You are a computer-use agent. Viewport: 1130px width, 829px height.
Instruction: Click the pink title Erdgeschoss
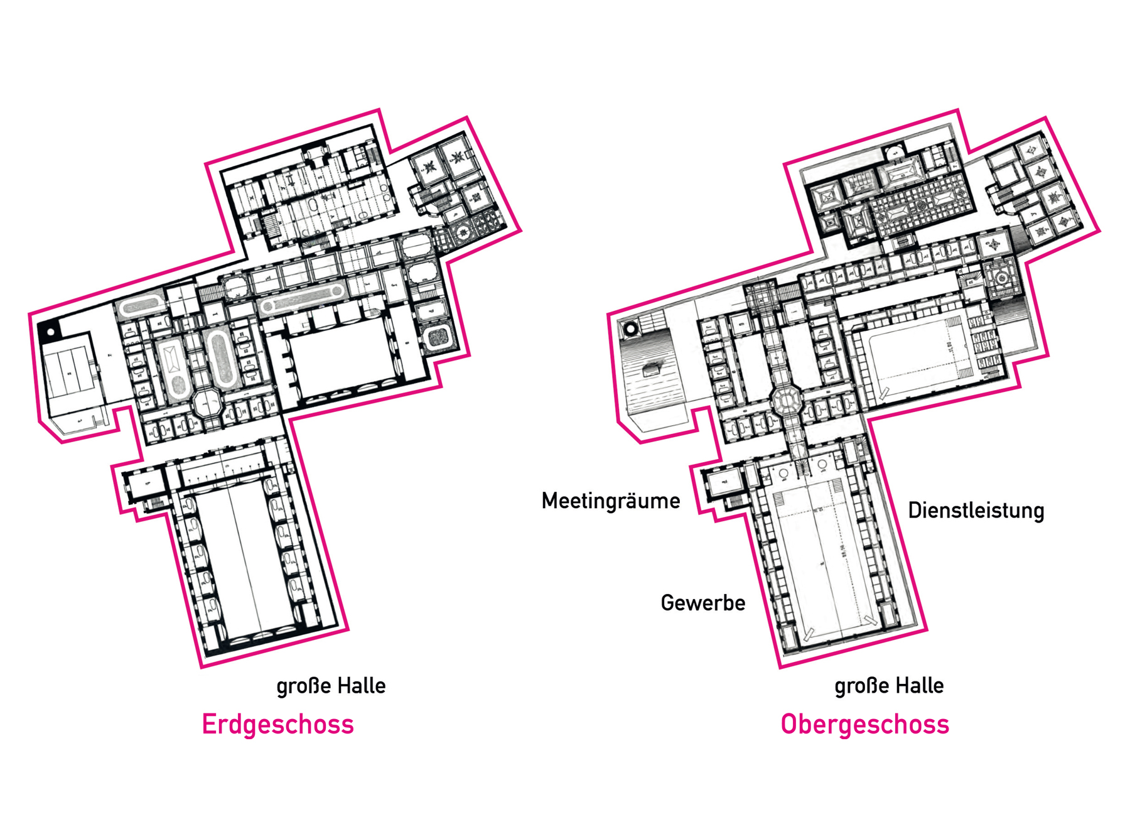[x=277, y=724]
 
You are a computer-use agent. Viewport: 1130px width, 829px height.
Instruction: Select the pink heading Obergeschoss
[x=864, y=724]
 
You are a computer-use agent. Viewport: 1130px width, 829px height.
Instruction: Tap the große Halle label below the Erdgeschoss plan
[x=331, y=685]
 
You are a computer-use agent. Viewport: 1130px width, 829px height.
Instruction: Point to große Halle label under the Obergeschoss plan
[x=889, y=685]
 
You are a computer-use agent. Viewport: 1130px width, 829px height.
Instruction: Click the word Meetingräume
[x=611, y=501]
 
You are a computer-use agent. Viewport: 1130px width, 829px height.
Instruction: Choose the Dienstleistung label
[x=976, y=510]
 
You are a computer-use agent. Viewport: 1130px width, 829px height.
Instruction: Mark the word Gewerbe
[x=703, y=603]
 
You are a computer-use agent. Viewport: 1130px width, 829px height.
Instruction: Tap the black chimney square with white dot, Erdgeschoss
[x=49, y=331]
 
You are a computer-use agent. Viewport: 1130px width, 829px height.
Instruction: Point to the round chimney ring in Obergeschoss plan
[x=630, y=328]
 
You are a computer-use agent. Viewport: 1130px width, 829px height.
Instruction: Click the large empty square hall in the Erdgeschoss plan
[x=342, y=358]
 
